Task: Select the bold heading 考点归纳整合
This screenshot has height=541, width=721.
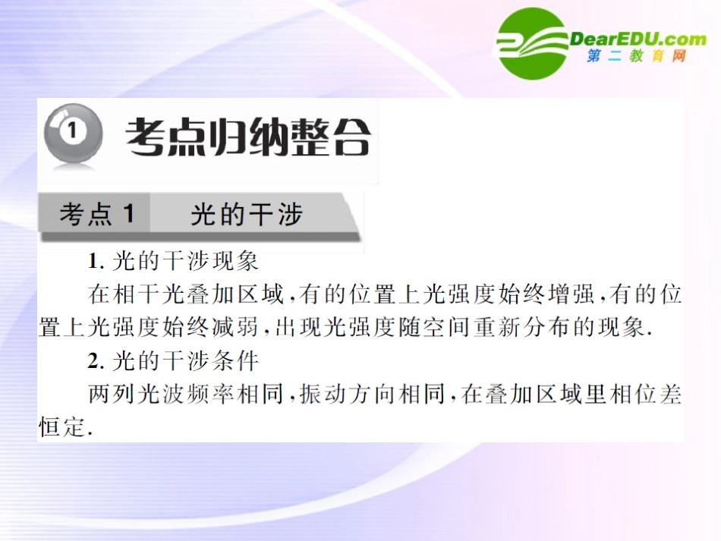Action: [x=248, y=138]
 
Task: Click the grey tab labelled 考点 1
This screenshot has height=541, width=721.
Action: [x=96, y=215]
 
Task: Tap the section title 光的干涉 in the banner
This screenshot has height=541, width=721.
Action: [x=247, y=215]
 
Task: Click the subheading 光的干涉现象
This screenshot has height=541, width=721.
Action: [x=185, y=261]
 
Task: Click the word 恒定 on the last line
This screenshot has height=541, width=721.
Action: [x=61, y=428]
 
